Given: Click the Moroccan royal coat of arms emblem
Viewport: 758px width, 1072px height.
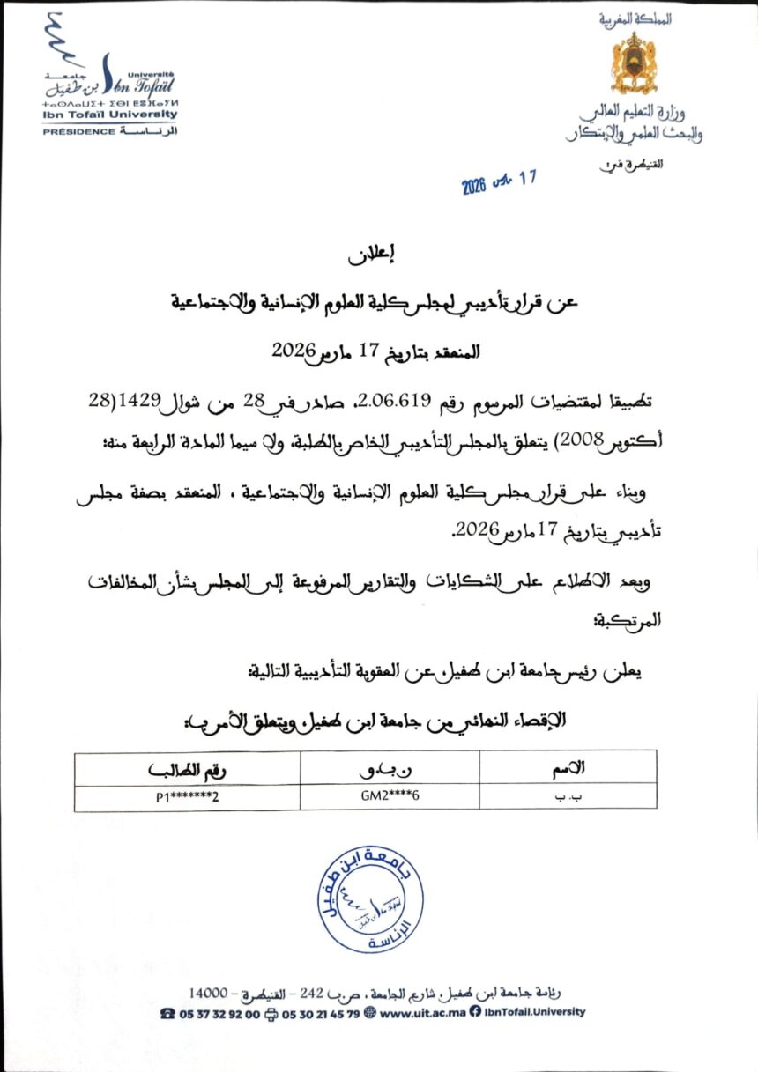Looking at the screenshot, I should pyautogui.click(x=635, y=63).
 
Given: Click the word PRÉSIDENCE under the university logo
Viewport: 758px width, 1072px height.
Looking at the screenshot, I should pyautogui.click(x=79, y=131).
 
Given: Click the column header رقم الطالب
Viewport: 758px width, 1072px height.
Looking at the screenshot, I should pyautogui.click(x=188, y=768).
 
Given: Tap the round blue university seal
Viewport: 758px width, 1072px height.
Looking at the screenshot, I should pyautogui.click(x=374, y=898).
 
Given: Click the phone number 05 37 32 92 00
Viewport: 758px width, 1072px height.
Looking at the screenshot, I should pyautogui.click(x=219, y=1012).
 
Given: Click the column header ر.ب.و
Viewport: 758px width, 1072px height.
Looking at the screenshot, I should pyautogui.click(x=390, y=768).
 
